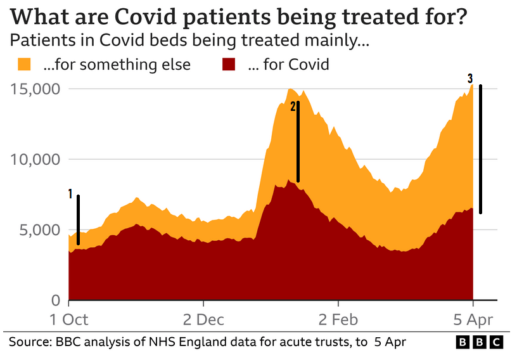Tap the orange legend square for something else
click(24, 64)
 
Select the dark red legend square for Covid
click(227, 64)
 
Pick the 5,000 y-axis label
click(39, 229)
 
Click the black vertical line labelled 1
click(79, 219)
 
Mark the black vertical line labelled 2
click(298, 141)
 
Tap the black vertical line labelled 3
click(481, 149)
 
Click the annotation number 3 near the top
click(469, 79)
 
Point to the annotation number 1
click(70, 194)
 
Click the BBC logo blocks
click(480, 342)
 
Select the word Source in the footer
click(30, 342)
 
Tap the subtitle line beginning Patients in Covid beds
click(189, 42)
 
